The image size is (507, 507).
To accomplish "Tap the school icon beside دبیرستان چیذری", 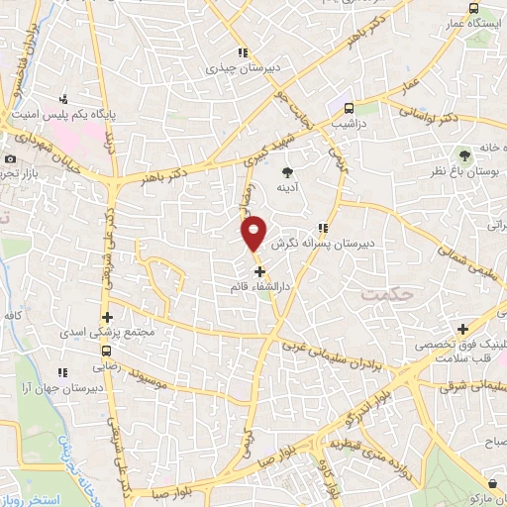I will (x=242, y=53).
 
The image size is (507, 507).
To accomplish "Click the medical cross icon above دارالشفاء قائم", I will (x=259, y=271).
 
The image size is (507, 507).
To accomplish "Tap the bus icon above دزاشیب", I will (x=348, y=109).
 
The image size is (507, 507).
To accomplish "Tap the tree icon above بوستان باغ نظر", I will (x=462, y=154).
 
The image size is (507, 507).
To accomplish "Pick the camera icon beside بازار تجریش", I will (x=10, y=159).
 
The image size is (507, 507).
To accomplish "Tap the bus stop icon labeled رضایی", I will (x=106, y=351).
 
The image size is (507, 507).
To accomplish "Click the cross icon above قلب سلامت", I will (x=462, y=329).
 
